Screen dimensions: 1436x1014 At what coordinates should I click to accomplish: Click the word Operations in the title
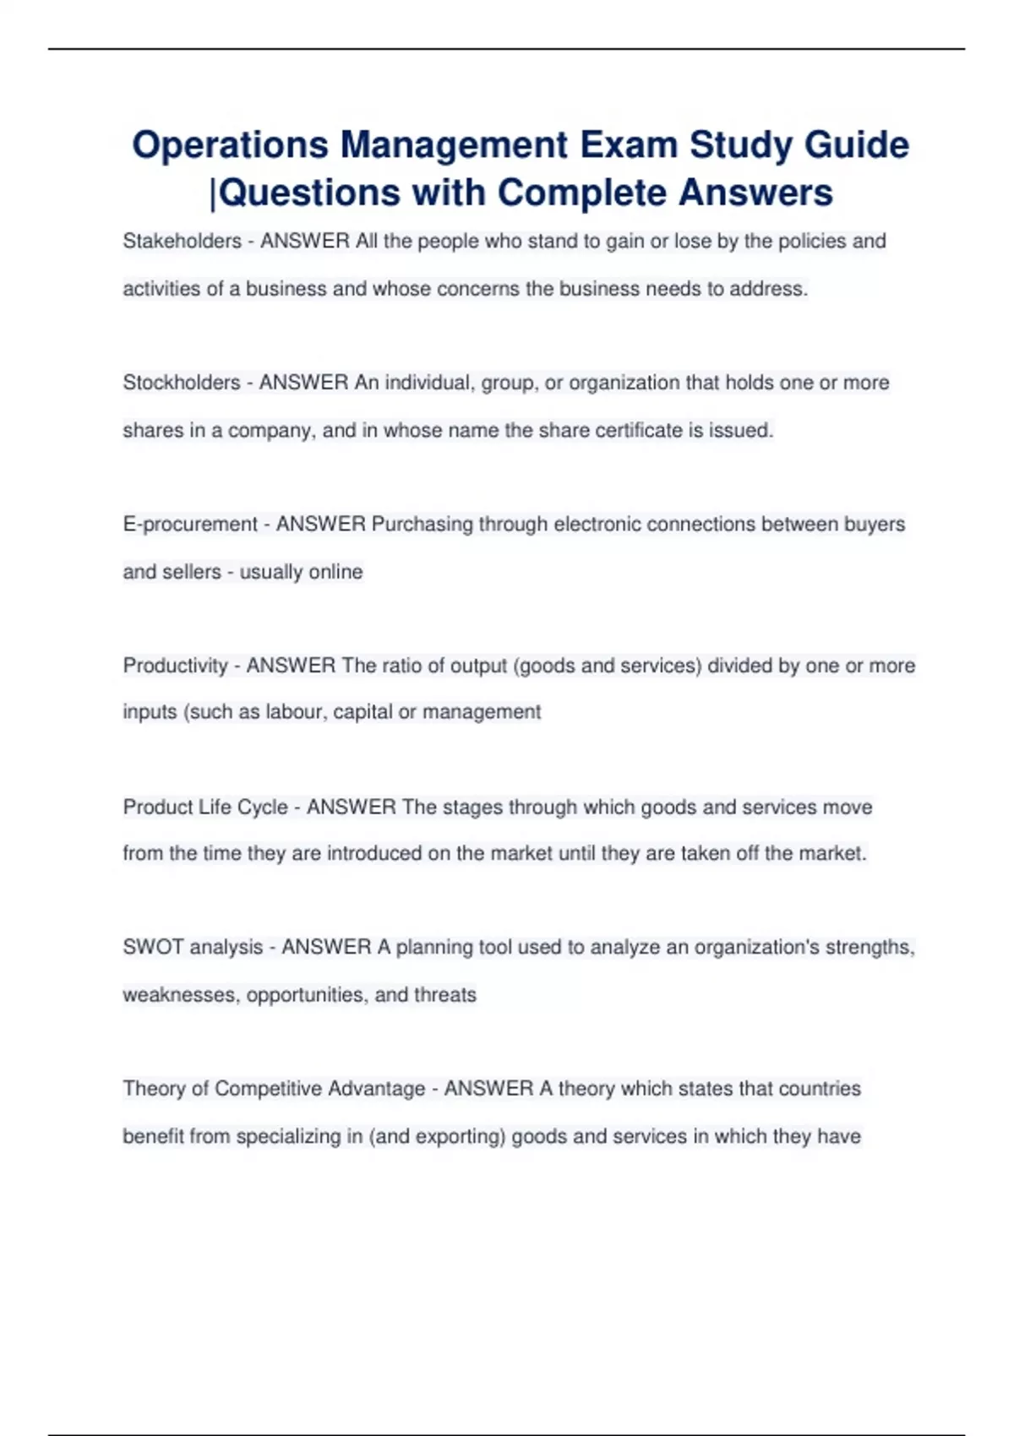pos(230,145)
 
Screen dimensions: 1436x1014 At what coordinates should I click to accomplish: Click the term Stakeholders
pos(183,242)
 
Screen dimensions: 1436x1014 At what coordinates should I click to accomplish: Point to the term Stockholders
pos(182,383)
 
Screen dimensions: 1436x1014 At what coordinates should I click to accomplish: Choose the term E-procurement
pos(190,525)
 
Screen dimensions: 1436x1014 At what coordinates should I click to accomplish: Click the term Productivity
pos(176,666)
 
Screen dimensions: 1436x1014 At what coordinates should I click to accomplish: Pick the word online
pos(335,572)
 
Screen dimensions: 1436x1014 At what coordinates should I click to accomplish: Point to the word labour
pos(294,712)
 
